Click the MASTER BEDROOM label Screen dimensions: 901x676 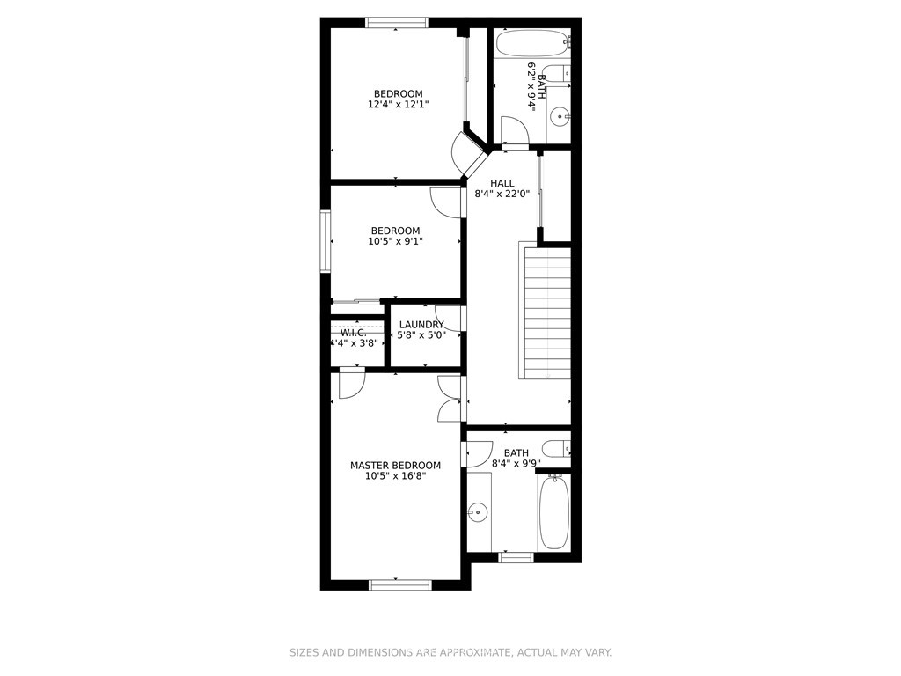click(x=395, y=465)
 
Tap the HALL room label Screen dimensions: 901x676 click(x=502, y=183)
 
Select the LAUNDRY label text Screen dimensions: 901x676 click(x=421, y=325)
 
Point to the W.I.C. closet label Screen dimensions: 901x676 click(x=354, y=333)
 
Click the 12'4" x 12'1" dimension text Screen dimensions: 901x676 click(x=399, y=105)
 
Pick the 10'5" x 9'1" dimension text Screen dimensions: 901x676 click(x=395, y=241)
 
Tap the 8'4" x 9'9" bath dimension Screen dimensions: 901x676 click(x=516, y=463)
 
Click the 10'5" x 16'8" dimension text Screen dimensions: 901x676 click(x=395, y=476)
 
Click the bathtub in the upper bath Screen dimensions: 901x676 click(x=532, y=44)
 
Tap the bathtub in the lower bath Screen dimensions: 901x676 click(x=554, y=511)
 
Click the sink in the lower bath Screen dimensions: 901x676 click(x=477, y=511)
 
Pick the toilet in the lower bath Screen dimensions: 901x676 click(x=556, y=448)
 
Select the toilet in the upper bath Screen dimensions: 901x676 click(x=556, y=74)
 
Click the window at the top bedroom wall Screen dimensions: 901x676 click(x=397, y=22)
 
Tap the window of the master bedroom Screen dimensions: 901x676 click(x=400, y=585)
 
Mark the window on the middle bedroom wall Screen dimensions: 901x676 click(x=326, y=241)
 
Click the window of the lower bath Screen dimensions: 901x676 click(x=516, y=557)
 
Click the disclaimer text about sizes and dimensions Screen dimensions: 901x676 click(x=450, y=652)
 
